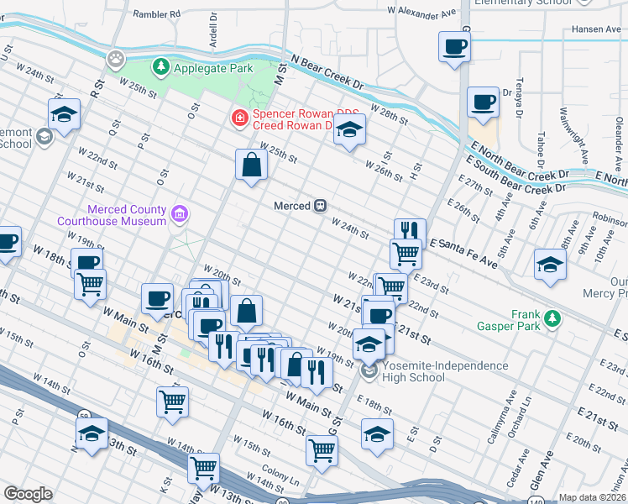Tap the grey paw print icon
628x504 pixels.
(x=115, y=59)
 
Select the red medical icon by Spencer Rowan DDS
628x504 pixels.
(x=240, y=118)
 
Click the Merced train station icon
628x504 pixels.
(x=320, y=206)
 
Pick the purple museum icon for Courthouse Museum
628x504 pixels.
(x=179, y=215)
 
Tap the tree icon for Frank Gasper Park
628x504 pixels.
(x=552, y=318)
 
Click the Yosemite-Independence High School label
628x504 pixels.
(x=436, y=371)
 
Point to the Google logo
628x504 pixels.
(x=28, y=494)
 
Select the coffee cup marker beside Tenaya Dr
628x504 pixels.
(x=483, y=102)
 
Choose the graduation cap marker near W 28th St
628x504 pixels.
(x=349, y=130)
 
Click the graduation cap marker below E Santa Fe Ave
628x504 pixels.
(x=550, y=264)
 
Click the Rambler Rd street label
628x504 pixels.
(x=157, y=14)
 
